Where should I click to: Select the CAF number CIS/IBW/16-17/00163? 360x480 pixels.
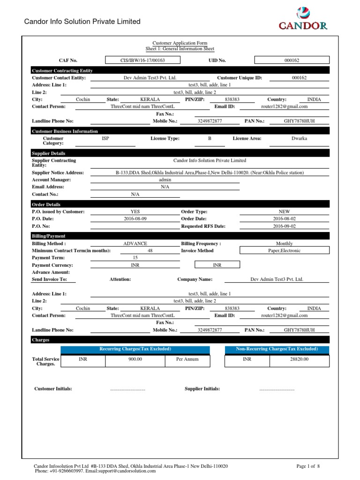click(x=143, y=60)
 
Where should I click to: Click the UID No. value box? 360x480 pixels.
click(x=292, y=60)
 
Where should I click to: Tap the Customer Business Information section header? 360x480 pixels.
click(x=65, y=131)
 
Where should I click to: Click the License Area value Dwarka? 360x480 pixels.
click(x=299, y=139)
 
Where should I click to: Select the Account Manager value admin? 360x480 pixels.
click(x=165, y=180)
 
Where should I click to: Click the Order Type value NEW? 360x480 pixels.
click(x=285, y=211)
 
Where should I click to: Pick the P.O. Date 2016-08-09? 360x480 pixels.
click(x=135, y=219)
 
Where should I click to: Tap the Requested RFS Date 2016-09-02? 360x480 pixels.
click(x=285, y=226)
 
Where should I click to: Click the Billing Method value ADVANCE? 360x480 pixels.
click(x=135, y=243)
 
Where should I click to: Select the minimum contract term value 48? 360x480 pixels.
click(x=150, y=251)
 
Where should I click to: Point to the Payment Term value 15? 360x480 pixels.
click(x=135, y=258)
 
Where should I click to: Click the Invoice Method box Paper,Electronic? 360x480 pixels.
click(x=285, y=251)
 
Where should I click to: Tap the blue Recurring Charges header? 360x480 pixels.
click(x=135, y=349)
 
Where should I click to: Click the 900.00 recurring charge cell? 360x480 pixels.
click(x=135, y=360)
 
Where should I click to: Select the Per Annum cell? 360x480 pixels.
click(x=187, y=360)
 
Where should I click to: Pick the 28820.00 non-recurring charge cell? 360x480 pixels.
click(x=299, y=360)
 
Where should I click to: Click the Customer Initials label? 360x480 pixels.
click(x=53, y=389)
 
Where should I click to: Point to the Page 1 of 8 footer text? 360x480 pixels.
click(x=308, y=466)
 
